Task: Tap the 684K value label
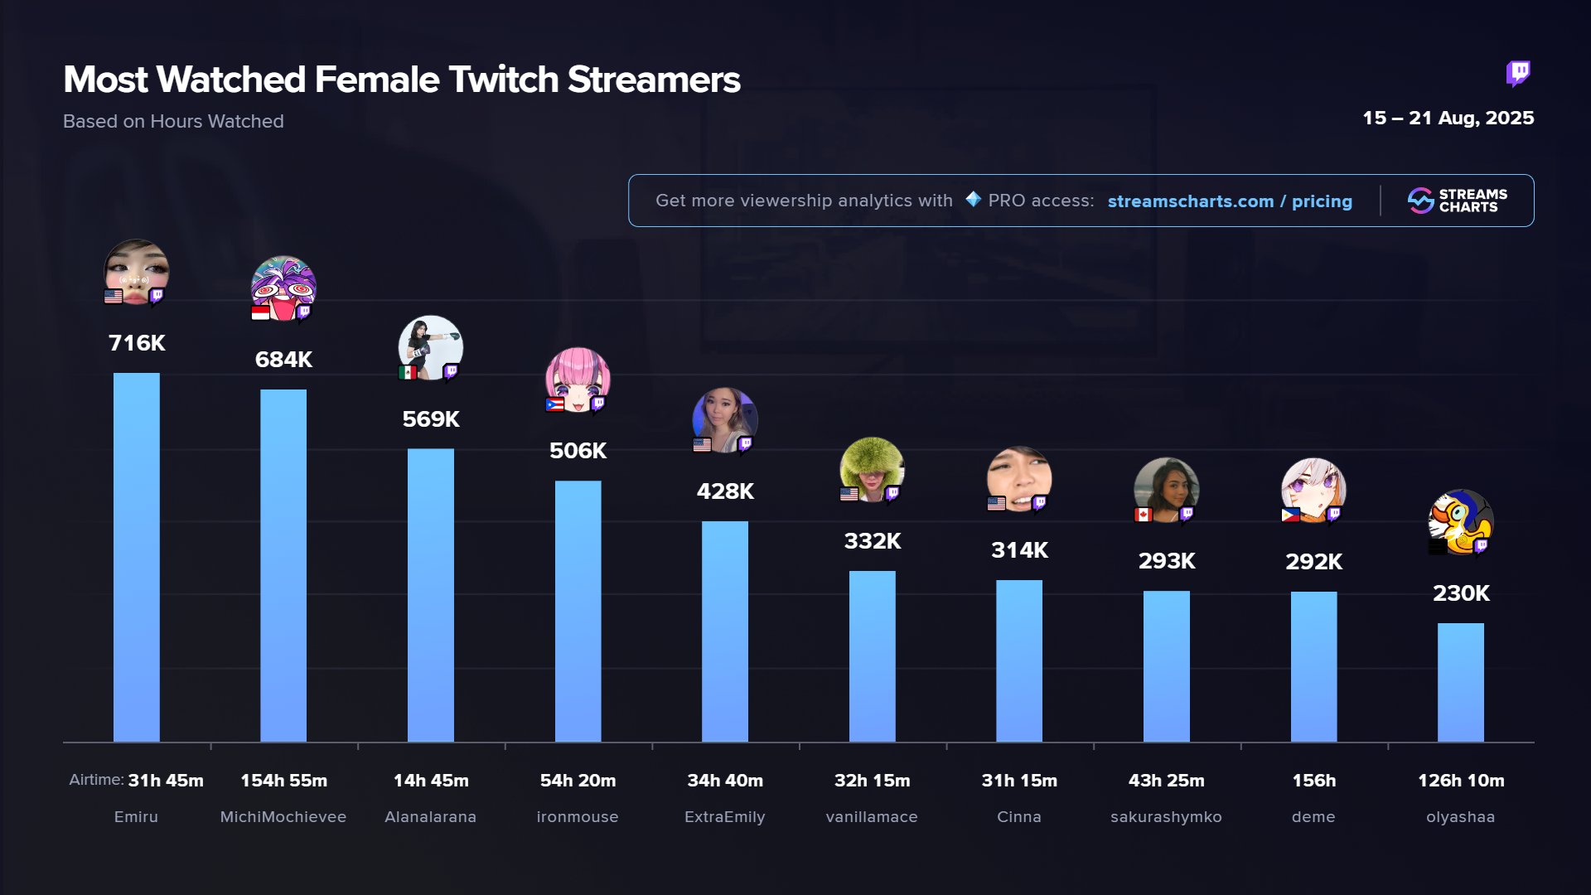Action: pos(283,360)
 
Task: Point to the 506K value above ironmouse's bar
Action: pos(578,451)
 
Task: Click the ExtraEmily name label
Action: pos(724,817)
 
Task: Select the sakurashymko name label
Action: pos(1166,817)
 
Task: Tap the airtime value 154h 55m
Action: pos(283,781)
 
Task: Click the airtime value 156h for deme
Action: pos(1313,781)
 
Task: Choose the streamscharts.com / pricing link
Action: pos(1230,201)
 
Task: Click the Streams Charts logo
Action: pos(1457,201)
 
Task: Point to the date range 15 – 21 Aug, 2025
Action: pos(1448,119)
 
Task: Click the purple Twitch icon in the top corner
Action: pos(1518,74)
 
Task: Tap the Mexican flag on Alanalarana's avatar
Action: pos(407,373)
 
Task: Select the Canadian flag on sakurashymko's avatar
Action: pos(1144,515)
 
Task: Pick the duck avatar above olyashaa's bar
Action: pos(1460,521)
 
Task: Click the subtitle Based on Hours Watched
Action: pos(173,122)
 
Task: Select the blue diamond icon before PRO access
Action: pos(973,200)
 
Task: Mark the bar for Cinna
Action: pos(1018,660)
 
